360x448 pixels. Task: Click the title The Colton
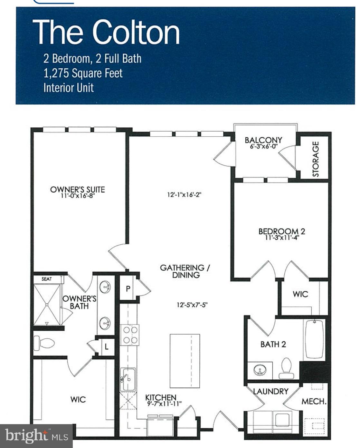pyautogui.click(x=106, y=32)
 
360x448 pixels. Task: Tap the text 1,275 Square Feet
pyautogui.click(x=83, y=73)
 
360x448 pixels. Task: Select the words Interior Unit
pyautogui.click(x=68, y=88)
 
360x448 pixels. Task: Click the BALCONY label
pyautogui.click(x=263, y=140)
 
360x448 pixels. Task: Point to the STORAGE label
pyautogui.click(x=316, y=159)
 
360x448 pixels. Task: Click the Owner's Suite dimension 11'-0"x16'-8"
pyautogui.click(x=77, y=196)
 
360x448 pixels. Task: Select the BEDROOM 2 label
pyautogui.click(x=281, y=231)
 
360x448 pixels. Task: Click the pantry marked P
pyautogui.click(x=128, y=288)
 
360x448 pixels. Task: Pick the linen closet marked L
pyautogui.click(x=106, y=347)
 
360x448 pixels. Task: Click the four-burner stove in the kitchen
pyautogui.click(x=130, y=335)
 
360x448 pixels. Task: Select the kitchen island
pyautogui.click(x=185, y=361)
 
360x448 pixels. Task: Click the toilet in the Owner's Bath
pyautogui.click(x=44, y=343)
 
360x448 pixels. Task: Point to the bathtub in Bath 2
pyautogui.click(x=314, y=339)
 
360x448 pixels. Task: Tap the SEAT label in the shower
pyautogui.click(x=47, y=279)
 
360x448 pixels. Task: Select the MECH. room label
pyautogui.click(x=314, y=401)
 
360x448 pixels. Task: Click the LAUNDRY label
pyautogui.click(x=270, y=391)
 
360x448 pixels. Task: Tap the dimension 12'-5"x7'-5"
pyautogui.click(x=192, y=305)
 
